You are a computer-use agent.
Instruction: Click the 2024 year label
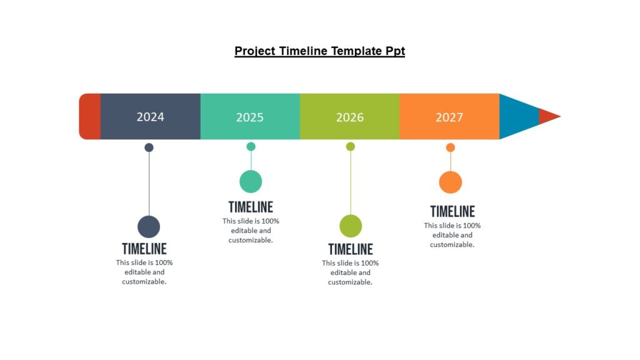pyautogui.click(x=150, y=117)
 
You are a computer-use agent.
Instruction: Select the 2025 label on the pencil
pyautogui.click(x=250, y=117)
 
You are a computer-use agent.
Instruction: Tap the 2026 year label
pyautogui.click(x=349, y=117)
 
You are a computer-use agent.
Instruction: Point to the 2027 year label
pyautogui.click(x=449, y=117)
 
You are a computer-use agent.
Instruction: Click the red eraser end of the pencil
pyautogui.click(x=89, y=116)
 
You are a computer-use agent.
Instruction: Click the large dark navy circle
pyautogui.click(x=149, y=226)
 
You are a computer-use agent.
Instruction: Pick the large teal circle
pyautogui.click(x=251, y=181)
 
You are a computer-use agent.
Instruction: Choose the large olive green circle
pyautogui.click(x=351, y=226)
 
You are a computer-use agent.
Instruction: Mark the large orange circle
pyautogui.click(x=450, y=182)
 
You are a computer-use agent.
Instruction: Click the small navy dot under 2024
pyautogui.click(x=149, y=147)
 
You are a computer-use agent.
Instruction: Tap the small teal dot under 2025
pyautogui.click(x=251, y=146)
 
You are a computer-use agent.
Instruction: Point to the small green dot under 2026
pyautogui.click(x=351, y=146)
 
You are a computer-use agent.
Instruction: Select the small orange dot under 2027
pyautogui.click(x=450, y=147)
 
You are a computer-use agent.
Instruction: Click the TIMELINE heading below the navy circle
pyautogui.click(x=144, y=249)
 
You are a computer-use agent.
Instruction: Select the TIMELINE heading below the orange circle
pyautogui.click(x=452, y=211)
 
